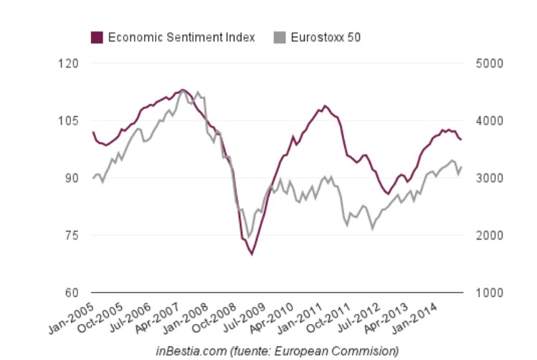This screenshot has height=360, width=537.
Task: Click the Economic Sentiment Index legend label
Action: [181, 37]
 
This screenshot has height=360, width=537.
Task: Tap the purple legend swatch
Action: [97, 37]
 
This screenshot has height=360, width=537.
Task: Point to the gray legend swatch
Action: [280, 37]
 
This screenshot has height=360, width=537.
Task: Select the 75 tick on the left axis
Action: [70, 235]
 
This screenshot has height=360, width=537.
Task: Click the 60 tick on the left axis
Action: [70, 293]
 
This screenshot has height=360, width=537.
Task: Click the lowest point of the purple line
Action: [252, 254]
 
